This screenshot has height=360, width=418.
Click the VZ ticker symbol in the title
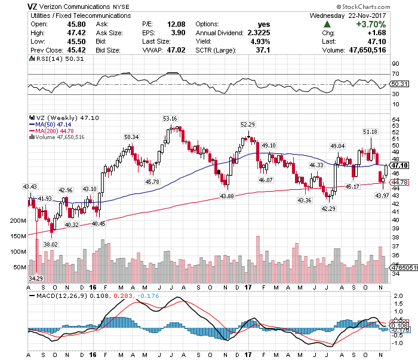pyautogui.click(x=34, y=7)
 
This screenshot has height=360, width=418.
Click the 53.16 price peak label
pyautogui.click(x=170, y=118)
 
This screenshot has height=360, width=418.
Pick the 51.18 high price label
pyautogui.click(x=370, y=131)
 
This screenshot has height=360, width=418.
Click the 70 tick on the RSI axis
pyautogui.click(x=395, y=73)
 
